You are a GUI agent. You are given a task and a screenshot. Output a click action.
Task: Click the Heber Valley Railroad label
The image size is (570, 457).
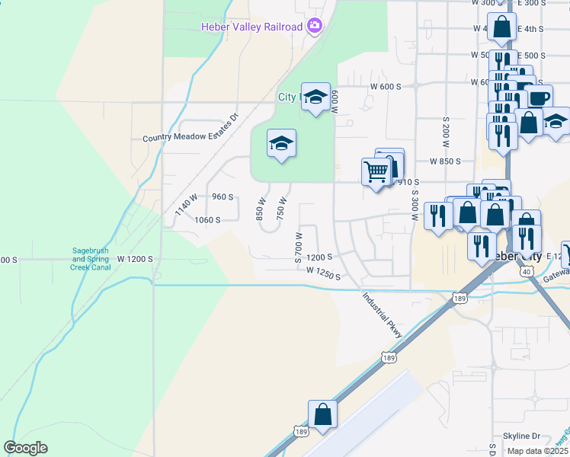point(252,27)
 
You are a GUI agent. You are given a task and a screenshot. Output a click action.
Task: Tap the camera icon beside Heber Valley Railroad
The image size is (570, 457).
point(315,27)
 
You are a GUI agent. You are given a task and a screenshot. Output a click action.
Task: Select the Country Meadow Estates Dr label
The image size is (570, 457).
point(191,138)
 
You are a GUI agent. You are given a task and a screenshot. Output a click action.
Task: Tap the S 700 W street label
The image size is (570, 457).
point(299,244)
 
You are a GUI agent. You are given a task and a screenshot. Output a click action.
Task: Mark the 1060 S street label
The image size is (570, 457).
point(207,219)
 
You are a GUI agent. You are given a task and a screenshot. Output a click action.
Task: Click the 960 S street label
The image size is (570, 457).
point(222,197)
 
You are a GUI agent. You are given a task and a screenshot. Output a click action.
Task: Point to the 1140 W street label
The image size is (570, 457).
point(185,204)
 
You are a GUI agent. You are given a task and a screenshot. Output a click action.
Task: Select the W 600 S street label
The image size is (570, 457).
point(386,86)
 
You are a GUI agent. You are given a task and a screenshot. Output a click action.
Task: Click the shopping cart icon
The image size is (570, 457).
point(376,171)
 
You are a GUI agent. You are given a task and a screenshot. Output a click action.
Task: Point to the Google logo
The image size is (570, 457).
point(26,448)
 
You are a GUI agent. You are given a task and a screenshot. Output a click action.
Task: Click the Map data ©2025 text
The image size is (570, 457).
point(537,451)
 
